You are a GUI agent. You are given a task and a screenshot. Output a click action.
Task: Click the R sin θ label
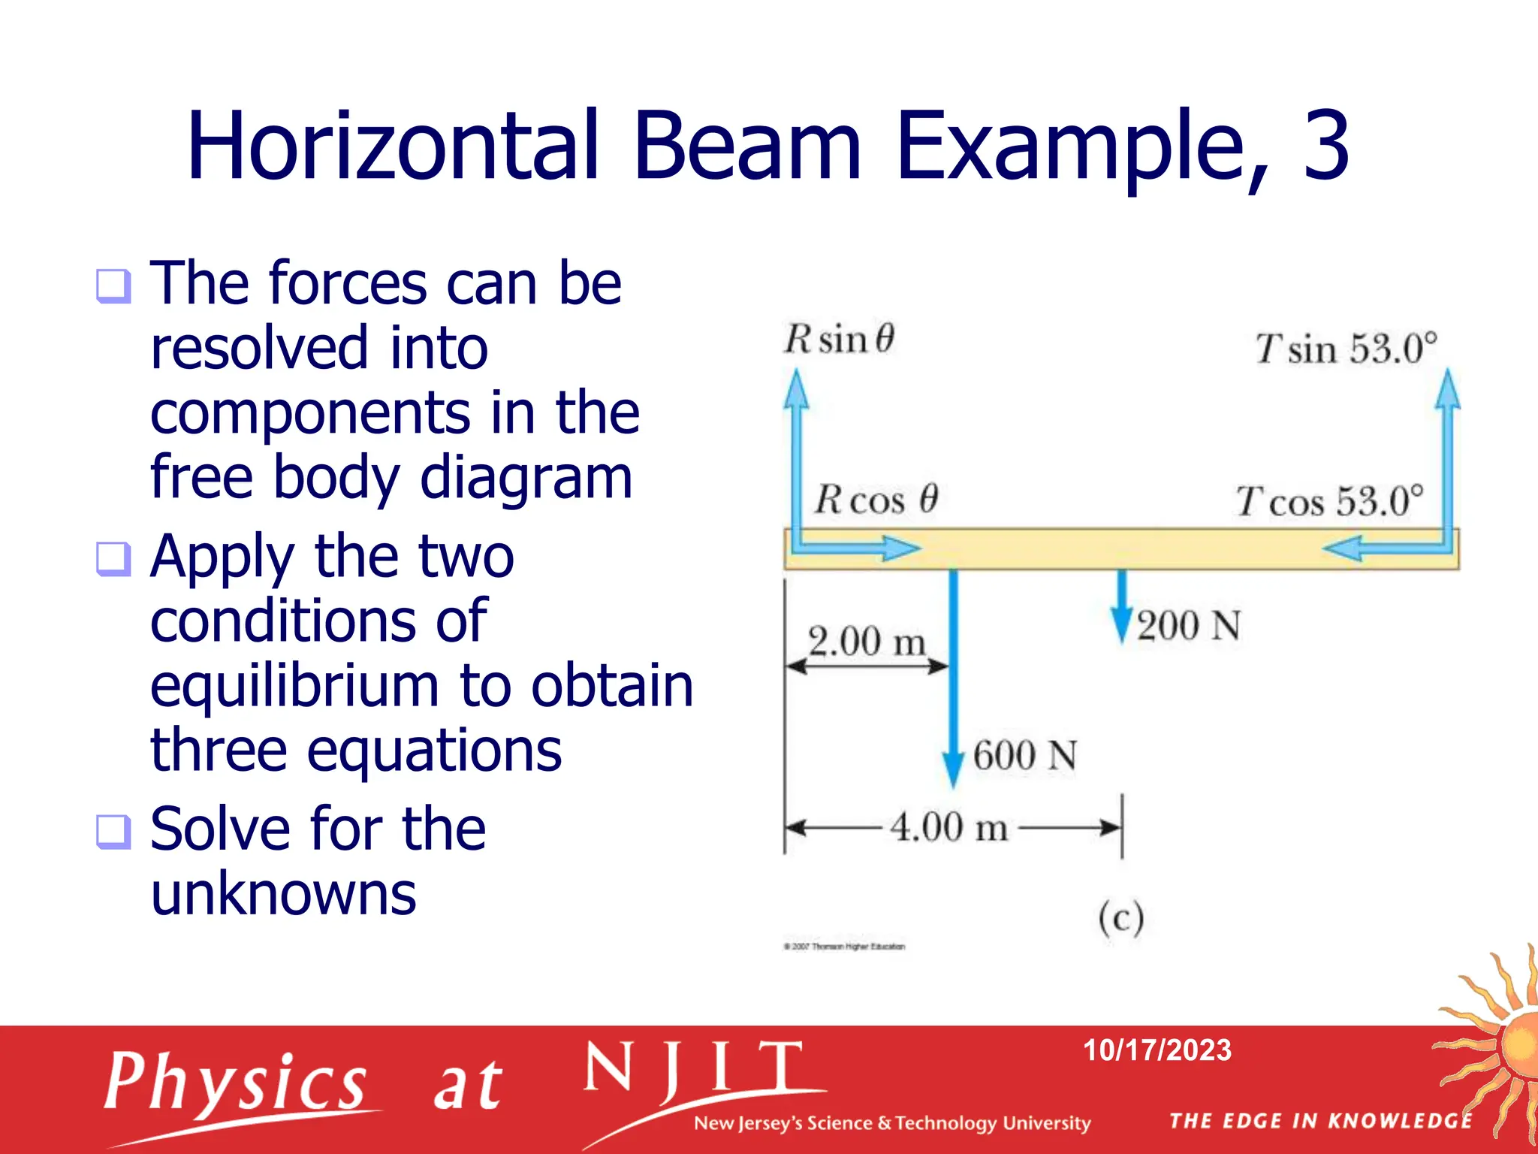[839, 340]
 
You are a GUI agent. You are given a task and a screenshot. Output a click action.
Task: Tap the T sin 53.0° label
[1346, 349]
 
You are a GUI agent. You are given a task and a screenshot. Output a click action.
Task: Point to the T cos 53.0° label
[1329, 502]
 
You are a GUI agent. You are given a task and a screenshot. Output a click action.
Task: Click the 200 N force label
[1188, 626]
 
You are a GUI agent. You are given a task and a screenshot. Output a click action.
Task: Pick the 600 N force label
[1024, 755]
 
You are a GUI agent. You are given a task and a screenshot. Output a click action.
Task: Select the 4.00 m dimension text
[948, 827]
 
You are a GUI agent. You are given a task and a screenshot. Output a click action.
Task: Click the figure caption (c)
[1120, 917]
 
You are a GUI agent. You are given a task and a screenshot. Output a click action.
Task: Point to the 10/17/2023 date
[1157, 1050]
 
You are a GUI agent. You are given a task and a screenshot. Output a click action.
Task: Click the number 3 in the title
[1326, 147]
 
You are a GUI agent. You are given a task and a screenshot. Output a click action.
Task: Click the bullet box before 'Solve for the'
[113, 832]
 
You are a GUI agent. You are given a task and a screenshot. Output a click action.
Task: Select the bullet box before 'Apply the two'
[113, 559]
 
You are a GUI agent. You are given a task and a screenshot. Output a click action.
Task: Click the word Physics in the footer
[235, 1083]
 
